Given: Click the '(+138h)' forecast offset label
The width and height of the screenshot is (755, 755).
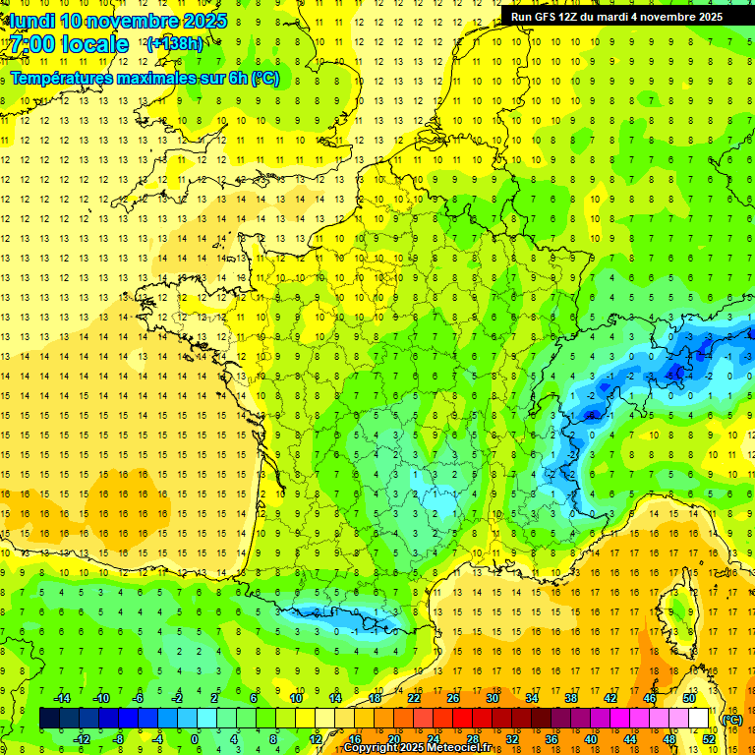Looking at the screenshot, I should (174, 43).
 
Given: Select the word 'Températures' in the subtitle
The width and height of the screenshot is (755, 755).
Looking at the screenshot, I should (62, 78).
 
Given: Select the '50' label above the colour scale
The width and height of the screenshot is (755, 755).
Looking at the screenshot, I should (688, 698).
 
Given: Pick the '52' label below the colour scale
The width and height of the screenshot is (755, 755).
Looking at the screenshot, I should (708, 739).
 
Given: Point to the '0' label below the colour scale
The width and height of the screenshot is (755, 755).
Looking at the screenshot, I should (195, 739).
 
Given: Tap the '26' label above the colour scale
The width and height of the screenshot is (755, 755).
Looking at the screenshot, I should (453, 698).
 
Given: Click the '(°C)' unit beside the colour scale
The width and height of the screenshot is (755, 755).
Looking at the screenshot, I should (732, 720).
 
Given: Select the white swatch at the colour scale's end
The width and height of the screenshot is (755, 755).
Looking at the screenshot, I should (699, 719).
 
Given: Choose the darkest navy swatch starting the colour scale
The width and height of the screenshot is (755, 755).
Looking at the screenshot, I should (49, 719).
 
